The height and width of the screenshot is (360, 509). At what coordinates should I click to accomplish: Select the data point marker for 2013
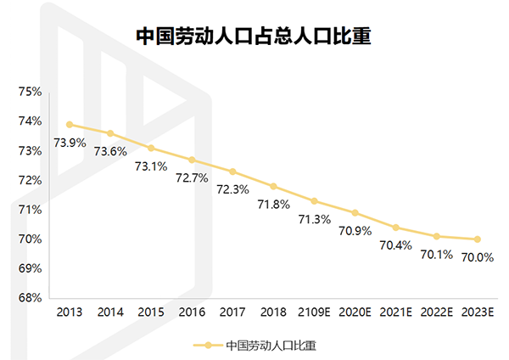pyautogui.click(x=70, y=124)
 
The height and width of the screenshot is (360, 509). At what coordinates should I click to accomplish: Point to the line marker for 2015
pyautogui.click(x=151, y=148)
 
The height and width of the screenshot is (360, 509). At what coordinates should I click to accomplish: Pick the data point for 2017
pyautogui.click(x=232, y=172)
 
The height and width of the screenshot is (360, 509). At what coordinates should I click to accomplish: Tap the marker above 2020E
pyautogui.click(x=355, y=213)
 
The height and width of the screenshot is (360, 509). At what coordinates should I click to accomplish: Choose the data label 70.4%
pyautogui.click(x=396, y=245)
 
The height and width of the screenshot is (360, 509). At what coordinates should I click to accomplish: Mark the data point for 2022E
pyautogui.click(x=437, y=236)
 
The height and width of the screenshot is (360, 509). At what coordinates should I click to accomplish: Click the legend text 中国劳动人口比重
pyautogui.click(x=272, y=346)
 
